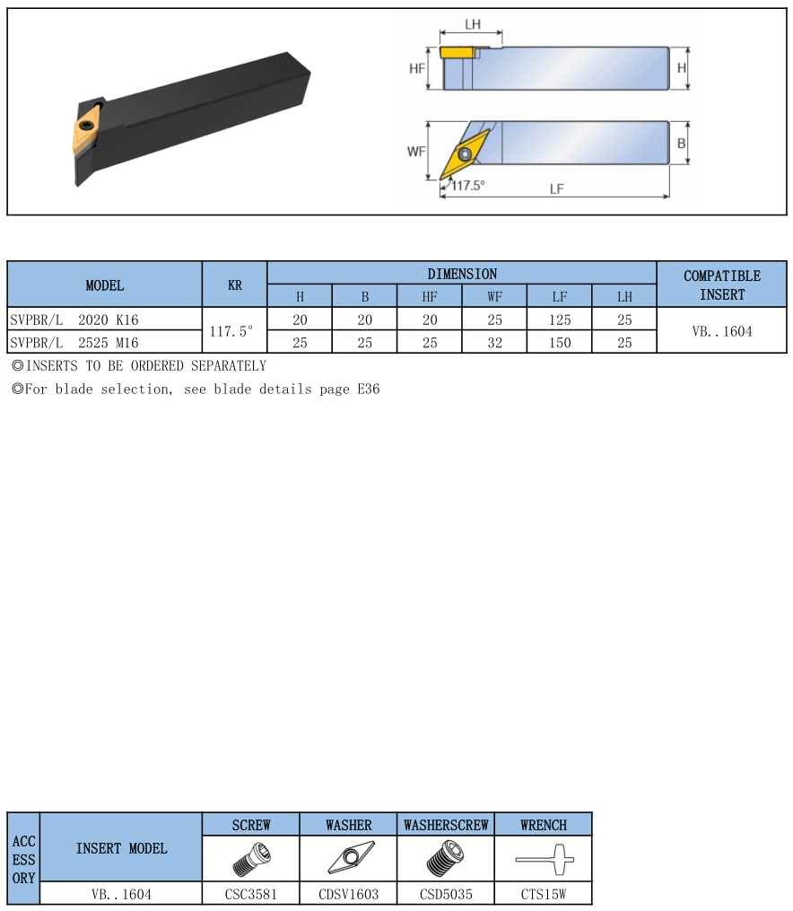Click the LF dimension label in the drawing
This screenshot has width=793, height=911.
(556, 188)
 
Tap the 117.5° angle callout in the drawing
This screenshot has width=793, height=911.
(468, 185)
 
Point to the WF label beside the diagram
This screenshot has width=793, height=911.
(416, 152)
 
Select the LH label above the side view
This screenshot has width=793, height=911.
(473, 24)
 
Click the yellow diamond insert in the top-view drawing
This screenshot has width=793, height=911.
(465, 154)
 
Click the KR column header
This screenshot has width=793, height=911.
(234, 285)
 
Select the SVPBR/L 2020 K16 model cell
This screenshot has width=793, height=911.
(74, 320)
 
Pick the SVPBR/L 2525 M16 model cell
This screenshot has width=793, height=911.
(74, 343)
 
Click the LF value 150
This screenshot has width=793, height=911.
(560, 343)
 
